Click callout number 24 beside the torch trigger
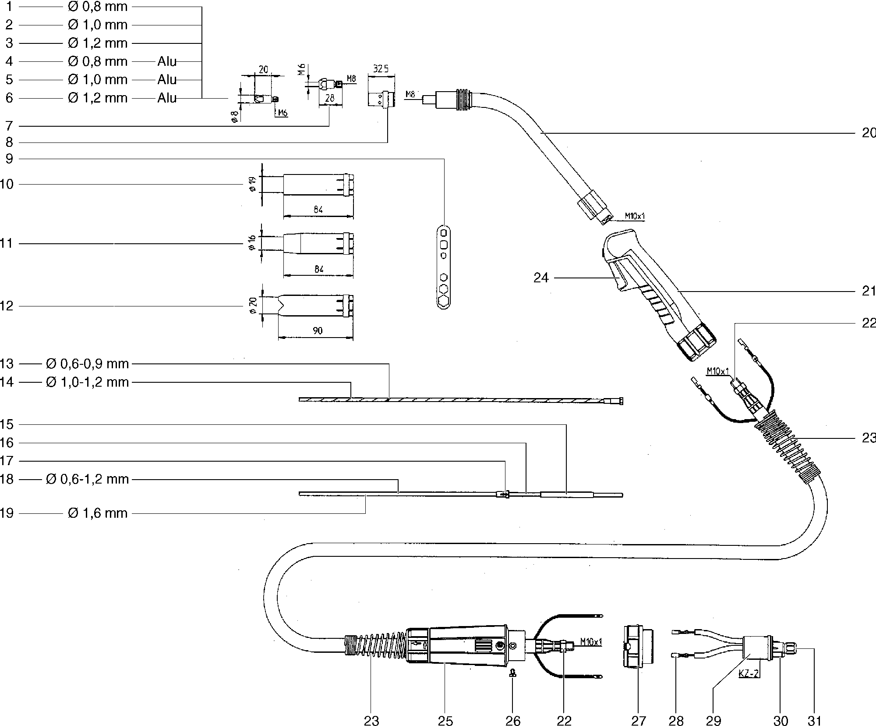click(x=541, y=278)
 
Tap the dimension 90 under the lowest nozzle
click(x=318, y=331)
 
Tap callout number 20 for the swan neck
click(x=868, y=133)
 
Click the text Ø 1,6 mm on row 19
click(x=98, y=513)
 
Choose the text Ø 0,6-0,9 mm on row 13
click(x=87, y=364)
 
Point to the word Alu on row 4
click(x=167, y=61)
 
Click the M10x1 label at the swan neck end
click(x=635, y=216)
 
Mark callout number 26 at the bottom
click(x=513, y=720)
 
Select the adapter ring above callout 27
click(x=638, y=647)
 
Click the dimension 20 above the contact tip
click(x=263, y=69)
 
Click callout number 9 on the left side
click(x=9, y=159)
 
